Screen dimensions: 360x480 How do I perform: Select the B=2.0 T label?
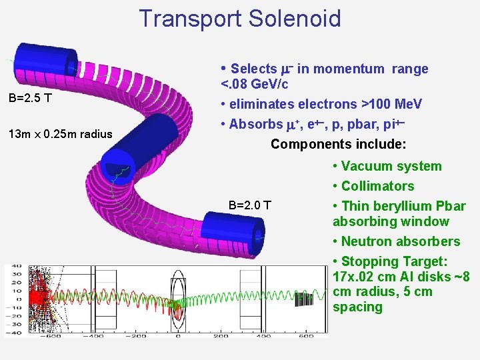click(249, 205)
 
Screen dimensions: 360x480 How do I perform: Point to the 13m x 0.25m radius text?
click(61, 135)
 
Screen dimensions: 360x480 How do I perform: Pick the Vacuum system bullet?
click(391, 166)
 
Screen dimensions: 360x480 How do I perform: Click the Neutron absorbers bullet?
click(400, 241)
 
